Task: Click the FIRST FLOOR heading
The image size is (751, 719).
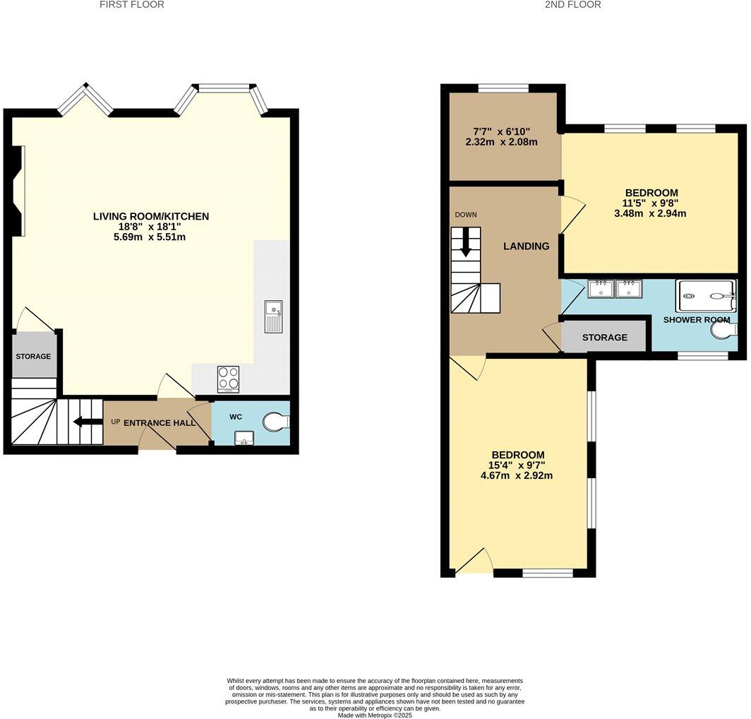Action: [131, 5]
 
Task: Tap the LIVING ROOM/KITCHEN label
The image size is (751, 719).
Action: [151, 216]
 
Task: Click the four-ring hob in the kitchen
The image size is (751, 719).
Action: [228, 379]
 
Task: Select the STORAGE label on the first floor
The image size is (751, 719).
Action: [33, 357]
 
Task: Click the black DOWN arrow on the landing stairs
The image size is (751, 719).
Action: [465, 243]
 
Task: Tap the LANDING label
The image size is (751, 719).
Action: [526, 246]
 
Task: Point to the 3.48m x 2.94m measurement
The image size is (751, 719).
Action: [651, 213]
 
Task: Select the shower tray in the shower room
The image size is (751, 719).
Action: [706, 297]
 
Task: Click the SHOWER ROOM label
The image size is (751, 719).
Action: [691, 320]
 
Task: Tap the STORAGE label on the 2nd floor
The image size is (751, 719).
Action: [604, 338]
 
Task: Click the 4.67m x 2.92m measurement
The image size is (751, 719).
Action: [517, 475]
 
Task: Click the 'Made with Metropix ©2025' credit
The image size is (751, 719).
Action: [375, 715]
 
